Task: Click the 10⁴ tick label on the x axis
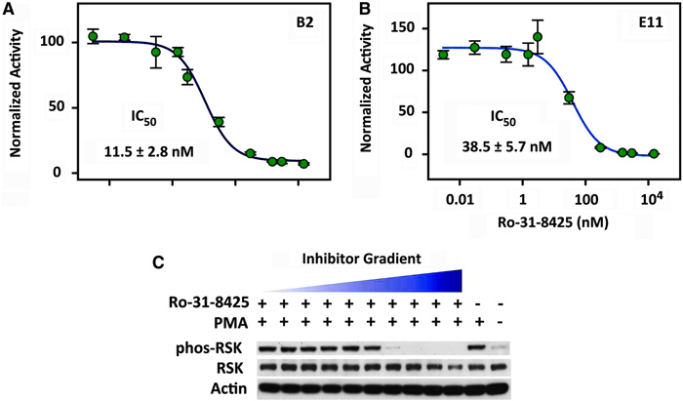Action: pyautogui.click(x=652, y=198)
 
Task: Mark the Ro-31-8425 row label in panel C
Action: pyautogui.click(x=206, y=304)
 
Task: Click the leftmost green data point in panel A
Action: pyautogui.click(x=93, y=37)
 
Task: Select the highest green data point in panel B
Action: pyautogui.click(x=538, y=37)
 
